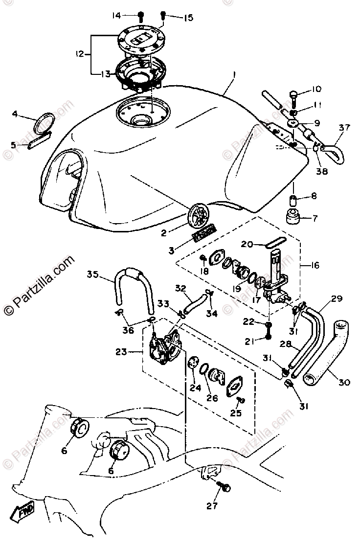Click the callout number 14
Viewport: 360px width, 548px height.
[116, 16]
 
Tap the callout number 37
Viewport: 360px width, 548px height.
[345, 128]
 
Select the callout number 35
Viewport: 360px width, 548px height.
[93, 274]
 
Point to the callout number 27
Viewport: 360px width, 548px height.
[212, 506]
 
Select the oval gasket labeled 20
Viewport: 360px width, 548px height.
[276, 242]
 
